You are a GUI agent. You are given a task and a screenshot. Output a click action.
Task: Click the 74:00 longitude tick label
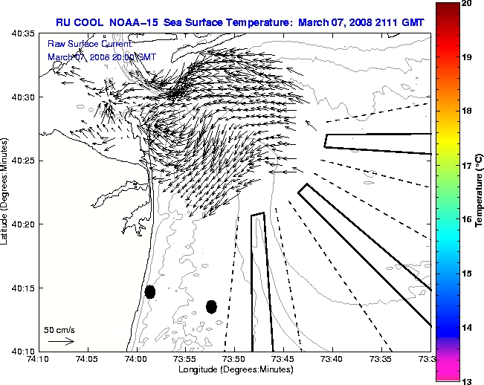click(135, 359)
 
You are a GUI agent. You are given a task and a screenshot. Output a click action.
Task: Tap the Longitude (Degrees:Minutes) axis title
click(234, 369)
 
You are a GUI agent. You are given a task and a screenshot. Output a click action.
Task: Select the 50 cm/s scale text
click(59, 329)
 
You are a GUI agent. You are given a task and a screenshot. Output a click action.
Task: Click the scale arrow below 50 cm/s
click(61, 341)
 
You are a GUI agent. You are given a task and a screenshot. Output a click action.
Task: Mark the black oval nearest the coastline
click(149, 291)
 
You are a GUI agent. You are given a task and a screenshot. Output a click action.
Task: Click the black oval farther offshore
click(211, 306)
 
